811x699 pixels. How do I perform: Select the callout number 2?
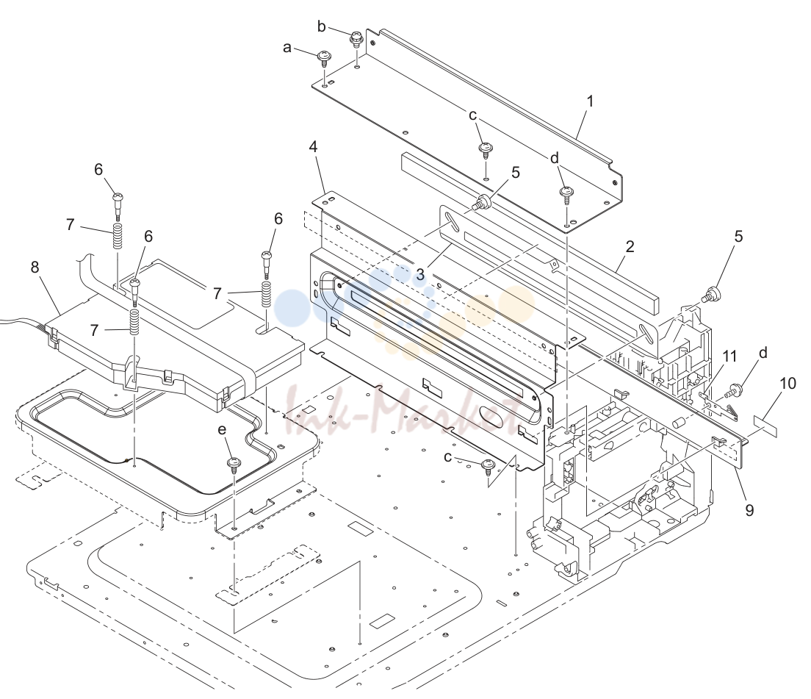pyautogui.click(x=629, y=246)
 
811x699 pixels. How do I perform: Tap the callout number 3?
pyautogui.click(x=420, y=275)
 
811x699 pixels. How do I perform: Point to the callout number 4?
pyautogui.click(x=313, y=146)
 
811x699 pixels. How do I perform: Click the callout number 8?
pyautogui.click(x=35, y=267)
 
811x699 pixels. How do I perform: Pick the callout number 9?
pyautogui.click(x=749, y=510)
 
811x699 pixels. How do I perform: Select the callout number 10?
pyautogui.click(x=787, y=384)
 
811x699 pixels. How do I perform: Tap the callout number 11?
pyautogui.click(x=729, y=356)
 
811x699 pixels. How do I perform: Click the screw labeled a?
pyautogui.click(x=324, y=58)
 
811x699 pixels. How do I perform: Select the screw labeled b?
pyautogui.click(x=356, y=39)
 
